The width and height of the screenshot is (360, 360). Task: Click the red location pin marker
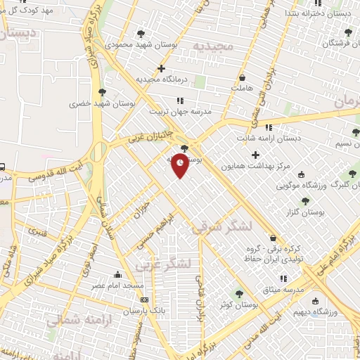tap(181, 165)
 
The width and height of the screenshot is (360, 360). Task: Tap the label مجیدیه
tap(212, 46)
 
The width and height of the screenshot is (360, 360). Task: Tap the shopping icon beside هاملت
tap(243, 77)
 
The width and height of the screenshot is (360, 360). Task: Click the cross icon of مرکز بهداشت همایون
tap(255, 154)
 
